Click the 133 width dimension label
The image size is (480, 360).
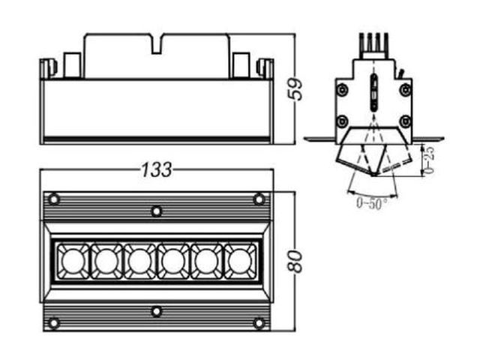coord(157,169)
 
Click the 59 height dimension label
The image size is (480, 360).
coord(295,89)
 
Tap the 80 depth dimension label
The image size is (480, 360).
coord(295,261)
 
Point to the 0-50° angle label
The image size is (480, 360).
coord(372,203)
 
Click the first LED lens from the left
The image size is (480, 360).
coord(73,261)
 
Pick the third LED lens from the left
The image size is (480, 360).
coord(140,261)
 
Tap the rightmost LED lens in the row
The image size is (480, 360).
coord(240,261)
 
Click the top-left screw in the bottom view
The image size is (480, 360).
coord(54,199)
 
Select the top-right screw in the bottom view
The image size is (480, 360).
coord(259,199)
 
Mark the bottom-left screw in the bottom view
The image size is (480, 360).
coord(54,322)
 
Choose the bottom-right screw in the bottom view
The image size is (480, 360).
coord(259,322)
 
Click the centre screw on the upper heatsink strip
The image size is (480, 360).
coord(157,211)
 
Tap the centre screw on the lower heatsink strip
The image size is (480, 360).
coord(157,312)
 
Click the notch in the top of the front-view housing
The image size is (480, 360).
coord(157,45)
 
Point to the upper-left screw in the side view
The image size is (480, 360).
coord(342,90)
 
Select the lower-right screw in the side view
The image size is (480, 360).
coord(405,121)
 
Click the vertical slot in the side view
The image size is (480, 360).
coord(373,92)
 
